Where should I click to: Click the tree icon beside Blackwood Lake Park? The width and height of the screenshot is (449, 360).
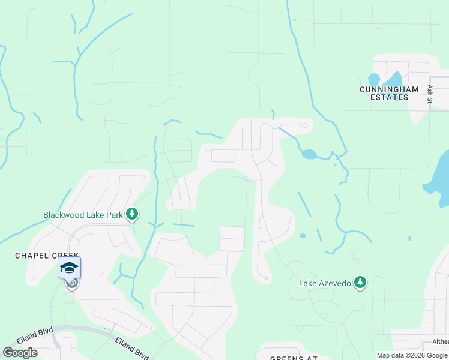click(132, 214)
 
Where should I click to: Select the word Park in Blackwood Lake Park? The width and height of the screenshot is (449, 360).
click(115, 214)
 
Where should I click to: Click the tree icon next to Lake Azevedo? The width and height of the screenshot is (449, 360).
click(360, 282)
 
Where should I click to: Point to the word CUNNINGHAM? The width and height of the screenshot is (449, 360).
click(388, 89)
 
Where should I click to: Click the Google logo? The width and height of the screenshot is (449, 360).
click(20, 353)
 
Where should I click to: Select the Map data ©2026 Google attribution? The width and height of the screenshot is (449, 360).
click(412, 355)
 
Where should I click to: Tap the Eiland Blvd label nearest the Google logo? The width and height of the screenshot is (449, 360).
click(35, 335)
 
